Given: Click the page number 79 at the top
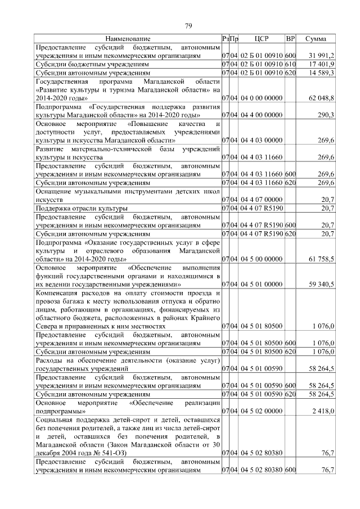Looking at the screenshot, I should [189, 25].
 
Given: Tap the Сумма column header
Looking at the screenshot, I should [316, 39].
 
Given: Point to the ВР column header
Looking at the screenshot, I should [290, 39].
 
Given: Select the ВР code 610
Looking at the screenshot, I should [290, 65].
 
